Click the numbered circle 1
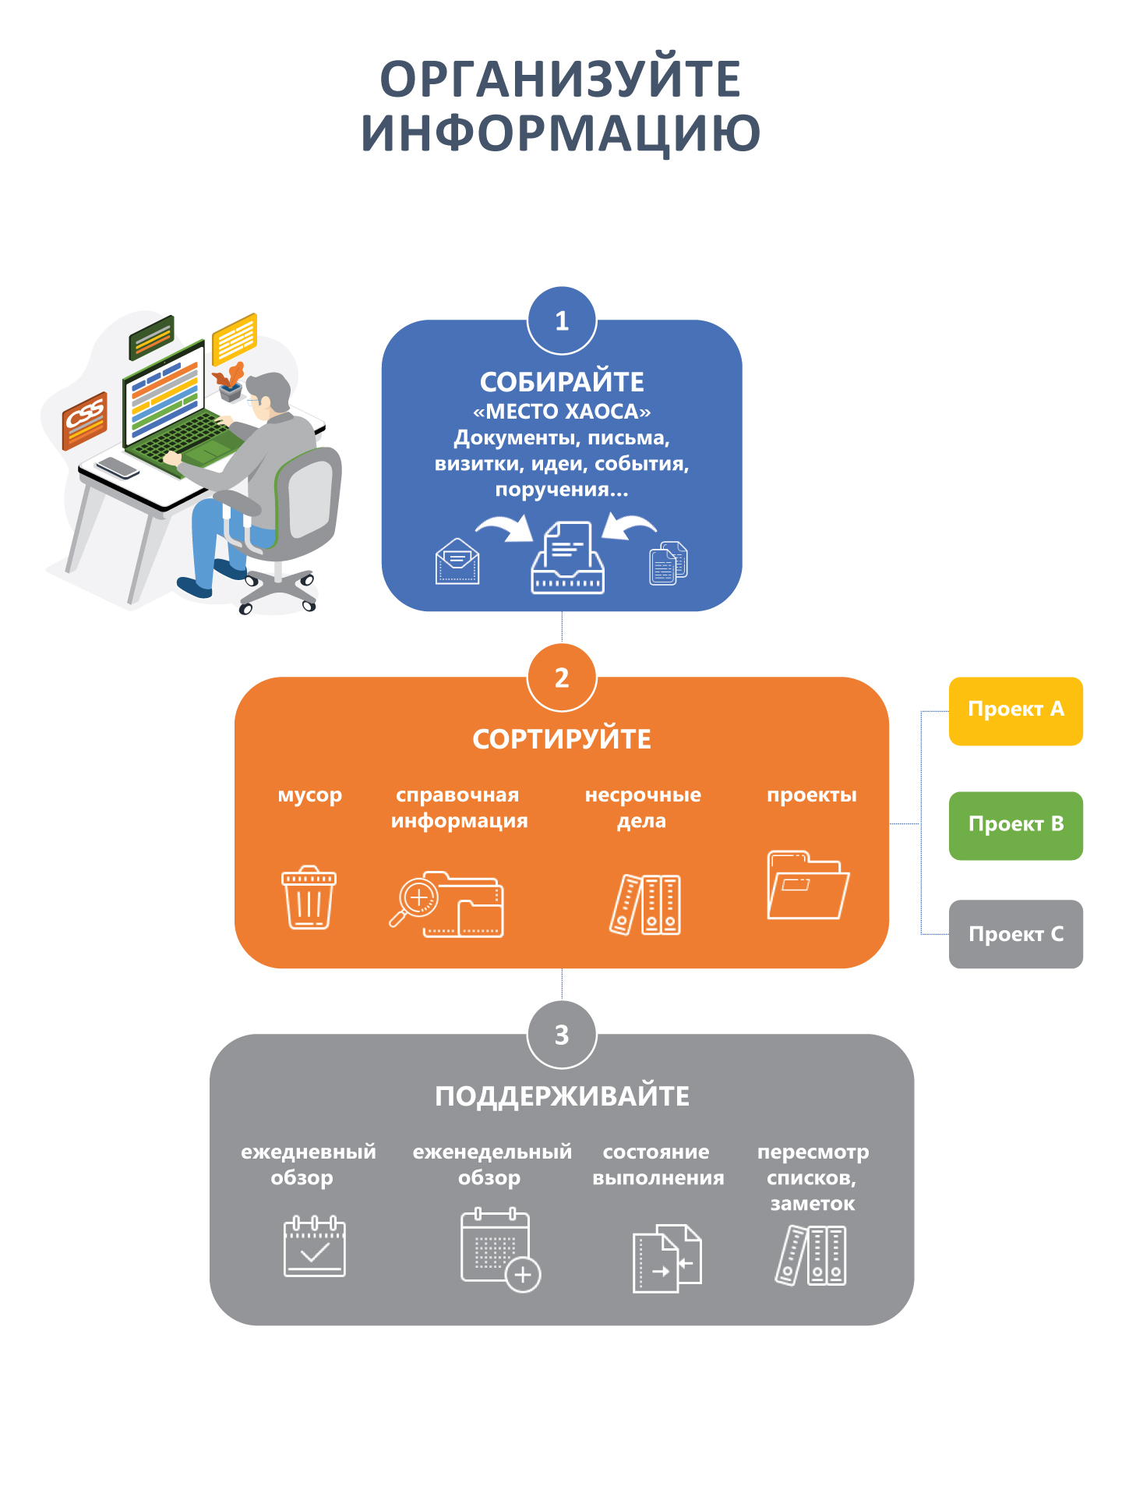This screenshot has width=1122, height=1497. [562, 320]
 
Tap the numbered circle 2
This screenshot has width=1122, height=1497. [562, 678]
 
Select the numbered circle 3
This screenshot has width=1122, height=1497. [562, 1035]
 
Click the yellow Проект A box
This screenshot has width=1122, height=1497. [1015, 710]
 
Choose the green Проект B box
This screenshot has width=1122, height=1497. [1015, 826]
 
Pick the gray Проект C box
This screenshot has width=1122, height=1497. [1015, 934]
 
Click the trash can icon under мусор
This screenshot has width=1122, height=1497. [309, 897]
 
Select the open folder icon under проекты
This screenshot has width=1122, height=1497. [807, 886]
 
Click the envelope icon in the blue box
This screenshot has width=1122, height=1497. [457, 561]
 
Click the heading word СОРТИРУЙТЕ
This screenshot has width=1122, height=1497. [562, 739]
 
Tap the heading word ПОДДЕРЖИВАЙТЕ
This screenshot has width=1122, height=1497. [562, 1096]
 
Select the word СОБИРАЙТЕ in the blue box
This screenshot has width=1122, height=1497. [562, 382]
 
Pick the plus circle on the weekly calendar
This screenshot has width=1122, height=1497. [523, 1275]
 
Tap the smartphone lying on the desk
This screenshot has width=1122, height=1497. [118, 467]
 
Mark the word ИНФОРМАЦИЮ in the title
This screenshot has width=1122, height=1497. [560, 133]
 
